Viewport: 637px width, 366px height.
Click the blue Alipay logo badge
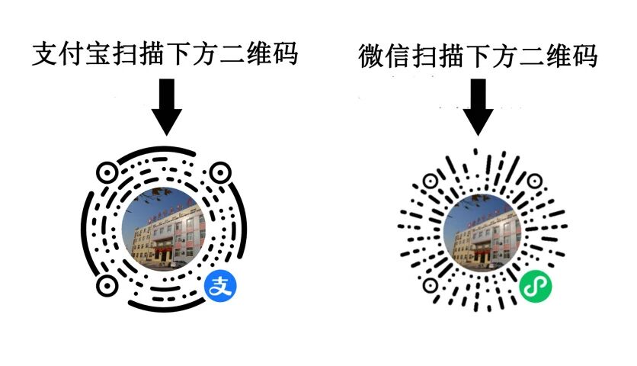tap(220, 287)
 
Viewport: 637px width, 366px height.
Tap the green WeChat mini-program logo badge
tap(536, 287)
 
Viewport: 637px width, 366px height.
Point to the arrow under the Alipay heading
tap(167, 106)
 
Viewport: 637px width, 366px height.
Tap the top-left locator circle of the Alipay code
tap(107, 172)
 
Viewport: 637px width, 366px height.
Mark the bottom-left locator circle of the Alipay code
tap(107, 287)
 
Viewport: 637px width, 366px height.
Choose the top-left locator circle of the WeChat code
tap(431, 181)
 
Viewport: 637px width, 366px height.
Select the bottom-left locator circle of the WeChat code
tap(431, 286)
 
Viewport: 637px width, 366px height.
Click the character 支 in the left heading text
tap(46, 54)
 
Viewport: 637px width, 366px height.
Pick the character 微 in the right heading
tap(373, 57)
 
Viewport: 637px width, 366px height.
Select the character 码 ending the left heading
tap(283, 54)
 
